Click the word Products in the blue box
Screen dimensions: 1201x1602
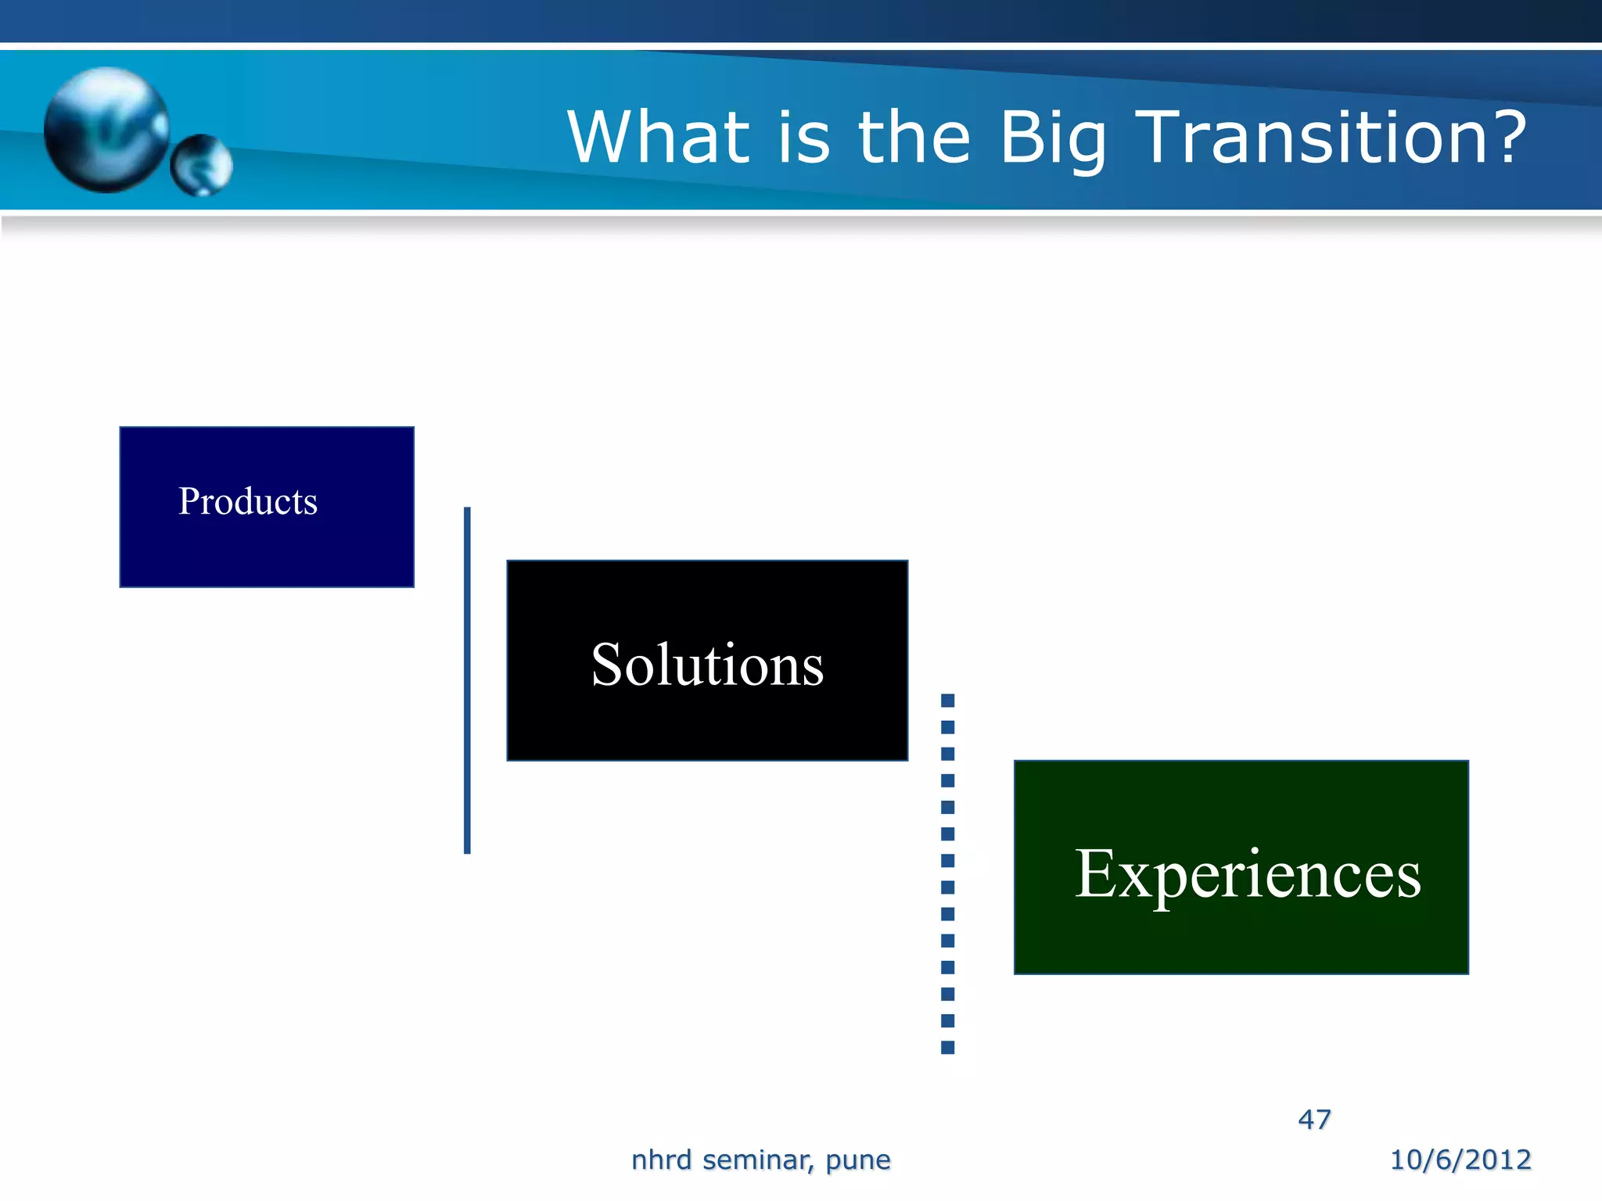[247, 501]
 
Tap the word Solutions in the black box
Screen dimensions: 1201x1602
[707, 665]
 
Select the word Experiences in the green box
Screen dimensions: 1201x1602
[1247, 873]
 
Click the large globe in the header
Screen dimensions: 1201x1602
[106, 129]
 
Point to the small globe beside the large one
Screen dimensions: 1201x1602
[201, 165]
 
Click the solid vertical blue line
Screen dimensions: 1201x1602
[467, 680]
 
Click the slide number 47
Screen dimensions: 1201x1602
[1314, 1119]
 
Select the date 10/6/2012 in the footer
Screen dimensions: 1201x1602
[1460, 1159]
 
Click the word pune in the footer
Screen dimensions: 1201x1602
[857, 1160]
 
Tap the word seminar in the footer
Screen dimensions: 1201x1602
[758, 1160]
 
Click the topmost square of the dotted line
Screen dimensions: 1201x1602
[947, 700]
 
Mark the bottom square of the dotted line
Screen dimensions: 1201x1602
[947, 1048]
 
